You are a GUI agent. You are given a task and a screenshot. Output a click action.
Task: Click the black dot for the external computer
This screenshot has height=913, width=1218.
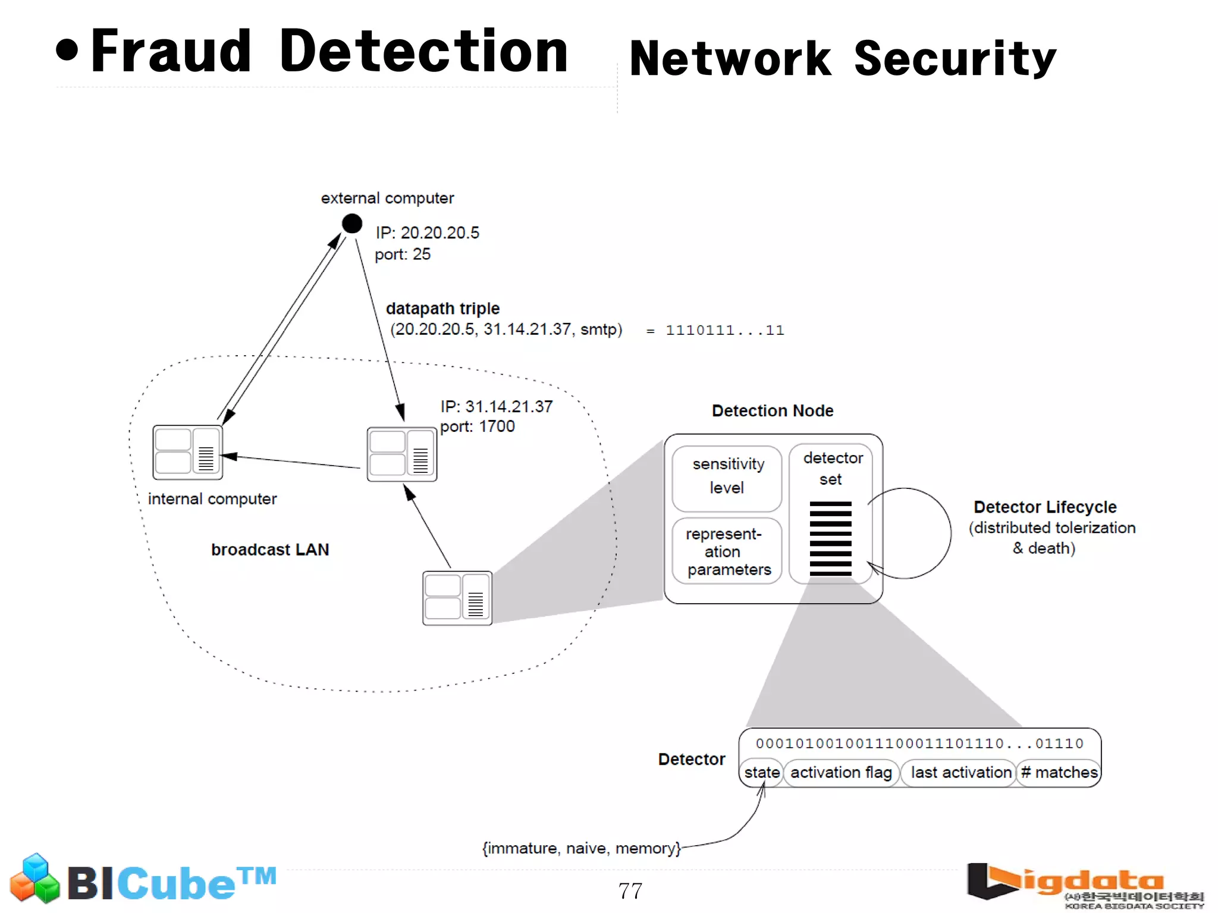[352, 224]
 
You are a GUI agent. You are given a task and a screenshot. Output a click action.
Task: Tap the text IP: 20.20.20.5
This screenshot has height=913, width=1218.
[427, 233]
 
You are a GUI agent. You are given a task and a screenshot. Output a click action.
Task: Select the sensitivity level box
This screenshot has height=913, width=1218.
[727, 478]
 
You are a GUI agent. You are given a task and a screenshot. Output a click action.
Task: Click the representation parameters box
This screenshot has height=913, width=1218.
[727, 551]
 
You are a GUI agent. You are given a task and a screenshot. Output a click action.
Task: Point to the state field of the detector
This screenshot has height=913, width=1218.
[761, 772]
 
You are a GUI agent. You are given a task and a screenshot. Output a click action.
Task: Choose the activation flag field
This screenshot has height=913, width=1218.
[840, 772]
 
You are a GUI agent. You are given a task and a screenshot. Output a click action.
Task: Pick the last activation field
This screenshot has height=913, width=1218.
[960, 772]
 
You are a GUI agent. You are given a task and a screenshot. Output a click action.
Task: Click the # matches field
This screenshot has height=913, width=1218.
[1059, 772]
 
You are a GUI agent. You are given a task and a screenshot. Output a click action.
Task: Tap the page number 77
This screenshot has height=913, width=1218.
[630, 890]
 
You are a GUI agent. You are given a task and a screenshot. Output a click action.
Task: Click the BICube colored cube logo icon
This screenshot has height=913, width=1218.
[35, 879]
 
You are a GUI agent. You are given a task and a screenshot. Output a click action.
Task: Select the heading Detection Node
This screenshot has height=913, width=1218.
[772, 410]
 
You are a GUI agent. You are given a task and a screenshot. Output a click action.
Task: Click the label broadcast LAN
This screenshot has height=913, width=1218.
[270, 550]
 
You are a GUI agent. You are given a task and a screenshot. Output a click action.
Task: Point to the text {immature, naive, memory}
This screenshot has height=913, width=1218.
[581, 848]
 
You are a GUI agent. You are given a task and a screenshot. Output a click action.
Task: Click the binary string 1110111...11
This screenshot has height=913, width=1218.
[724, 330]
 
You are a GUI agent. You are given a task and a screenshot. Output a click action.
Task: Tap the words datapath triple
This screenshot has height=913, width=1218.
[442, 308]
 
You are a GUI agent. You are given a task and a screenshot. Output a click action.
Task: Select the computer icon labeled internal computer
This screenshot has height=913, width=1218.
[187, 452]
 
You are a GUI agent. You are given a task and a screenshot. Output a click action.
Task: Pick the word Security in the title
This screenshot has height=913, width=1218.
[955, 58]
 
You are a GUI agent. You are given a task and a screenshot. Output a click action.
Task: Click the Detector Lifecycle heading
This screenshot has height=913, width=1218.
[1044, 507]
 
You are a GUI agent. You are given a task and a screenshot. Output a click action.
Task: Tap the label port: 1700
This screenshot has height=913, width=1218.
[477, 426]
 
